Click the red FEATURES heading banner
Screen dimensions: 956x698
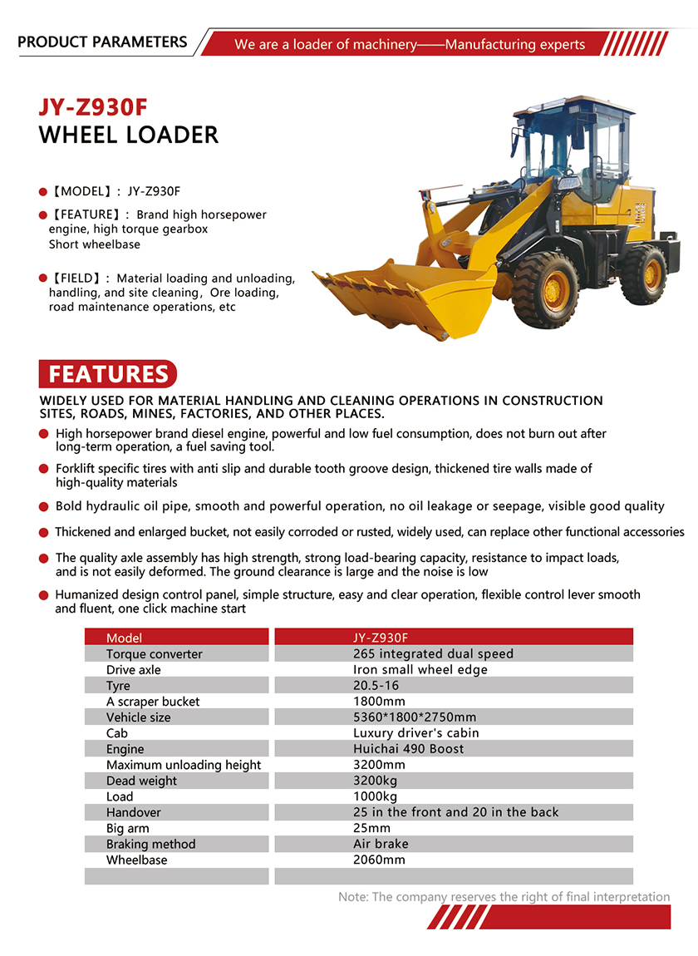pos(108,374)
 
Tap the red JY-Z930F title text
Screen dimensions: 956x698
pos(93,108)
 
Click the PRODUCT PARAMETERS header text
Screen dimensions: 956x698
pos(102,42)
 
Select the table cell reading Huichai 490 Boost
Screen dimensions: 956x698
pos(409,749)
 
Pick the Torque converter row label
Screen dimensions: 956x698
pos(154,654)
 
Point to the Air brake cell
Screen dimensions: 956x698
pos(381,844)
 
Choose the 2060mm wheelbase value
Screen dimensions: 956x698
pos(379,860)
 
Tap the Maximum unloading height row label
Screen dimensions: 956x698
pos(184,765)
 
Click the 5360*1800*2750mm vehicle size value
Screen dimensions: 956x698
pos(415,717)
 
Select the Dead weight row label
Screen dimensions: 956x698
pos(141,781)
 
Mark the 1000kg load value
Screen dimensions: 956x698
pos(376,796)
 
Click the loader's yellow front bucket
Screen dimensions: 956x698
pos(407,295)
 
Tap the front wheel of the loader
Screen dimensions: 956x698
pos(545,289)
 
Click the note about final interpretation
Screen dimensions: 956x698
pos(504,897)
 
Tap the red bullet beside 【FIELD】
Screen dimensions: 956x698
pos(42,278)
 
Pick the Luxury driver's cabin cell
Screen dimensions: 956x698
pos(416,733)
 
